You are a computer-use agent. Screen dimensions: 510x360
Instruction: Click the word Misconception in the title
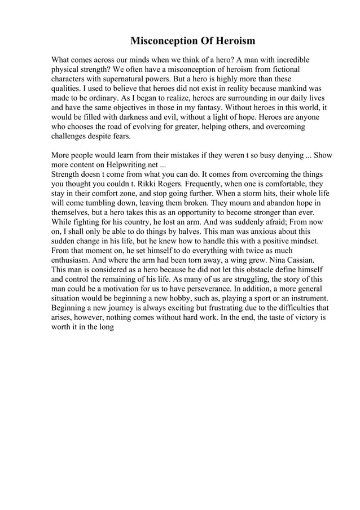tap(164, 41)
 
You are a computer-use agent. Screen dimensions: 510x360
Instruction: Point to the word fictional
tap(293, 69)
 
